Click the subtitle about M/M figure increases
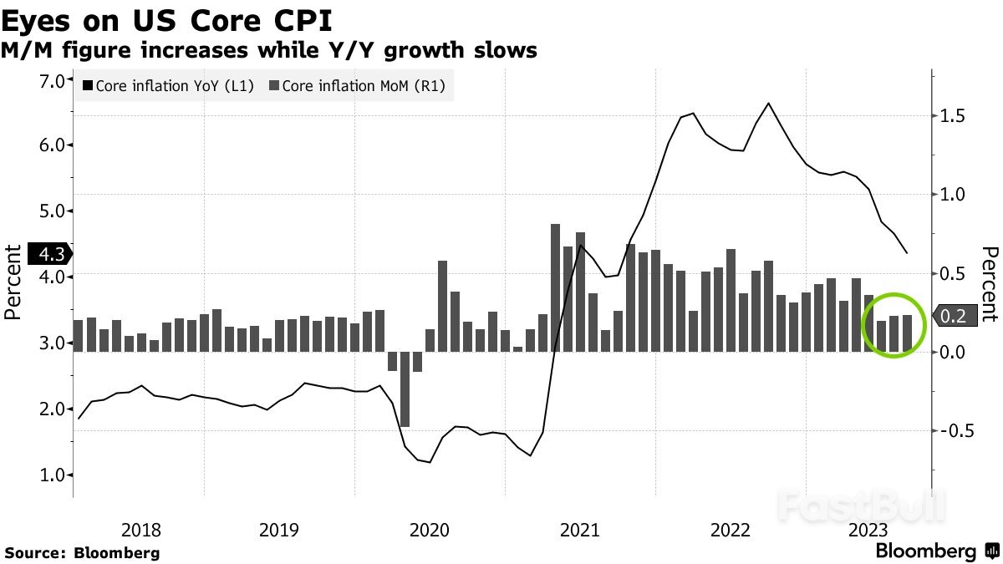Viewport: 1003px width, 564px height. point(268,51)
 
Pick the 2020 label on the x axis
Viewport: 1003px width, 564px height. point(430,530)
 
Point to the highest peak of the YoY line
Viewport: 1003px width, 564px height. point(768,104)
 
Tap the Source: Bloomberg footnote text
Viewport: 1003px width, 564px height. point(82,552)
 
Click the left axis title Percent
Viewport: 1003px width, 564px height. point(13,282)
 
